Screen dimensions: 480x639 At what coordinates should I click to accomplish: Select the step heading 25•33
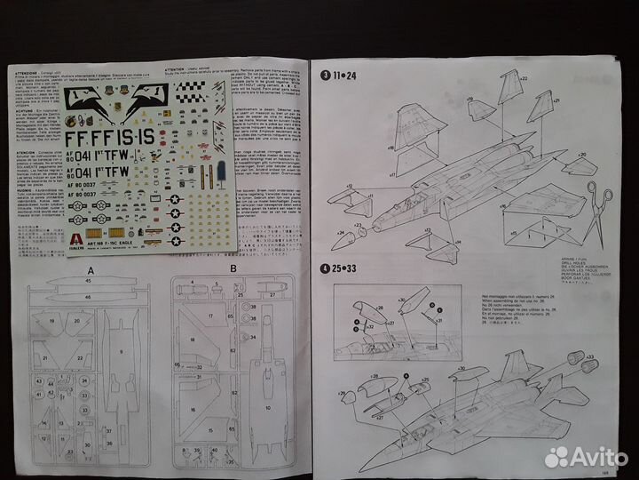pos(341,269)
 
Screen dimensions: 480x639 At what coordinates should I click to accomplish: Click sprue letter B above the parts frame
pos(232,269)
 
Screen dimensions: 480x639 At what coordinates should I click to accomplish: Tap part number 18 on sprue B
pos(209,340)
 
